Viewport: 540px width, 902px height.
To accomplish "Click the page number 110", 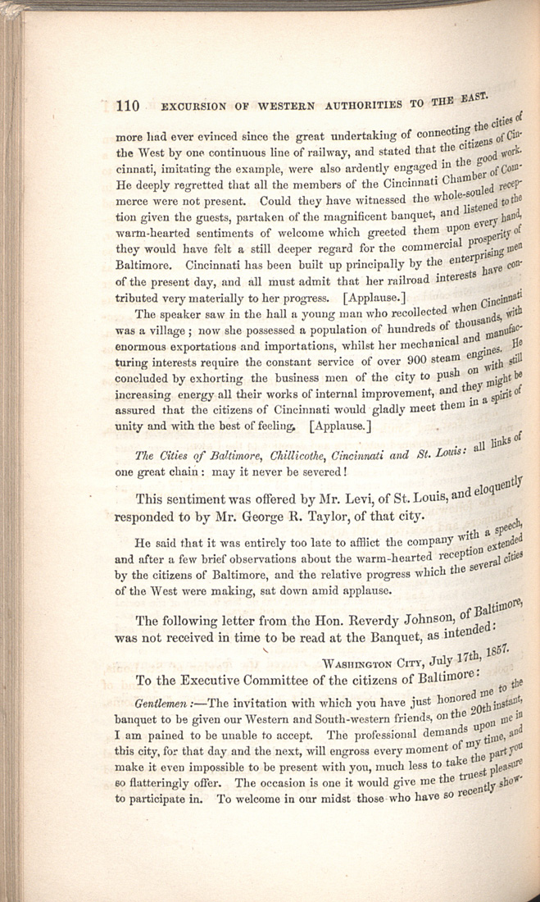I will (x=129, y=105).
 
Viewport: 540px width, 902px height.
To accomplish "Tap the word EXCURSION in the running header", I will (x=194, y=105).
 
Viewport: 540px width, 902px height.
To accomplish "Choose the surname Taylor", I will (x=329, y=517).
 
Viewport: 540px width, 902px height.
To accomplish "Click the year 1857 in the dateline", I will (x=497, y=649).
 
